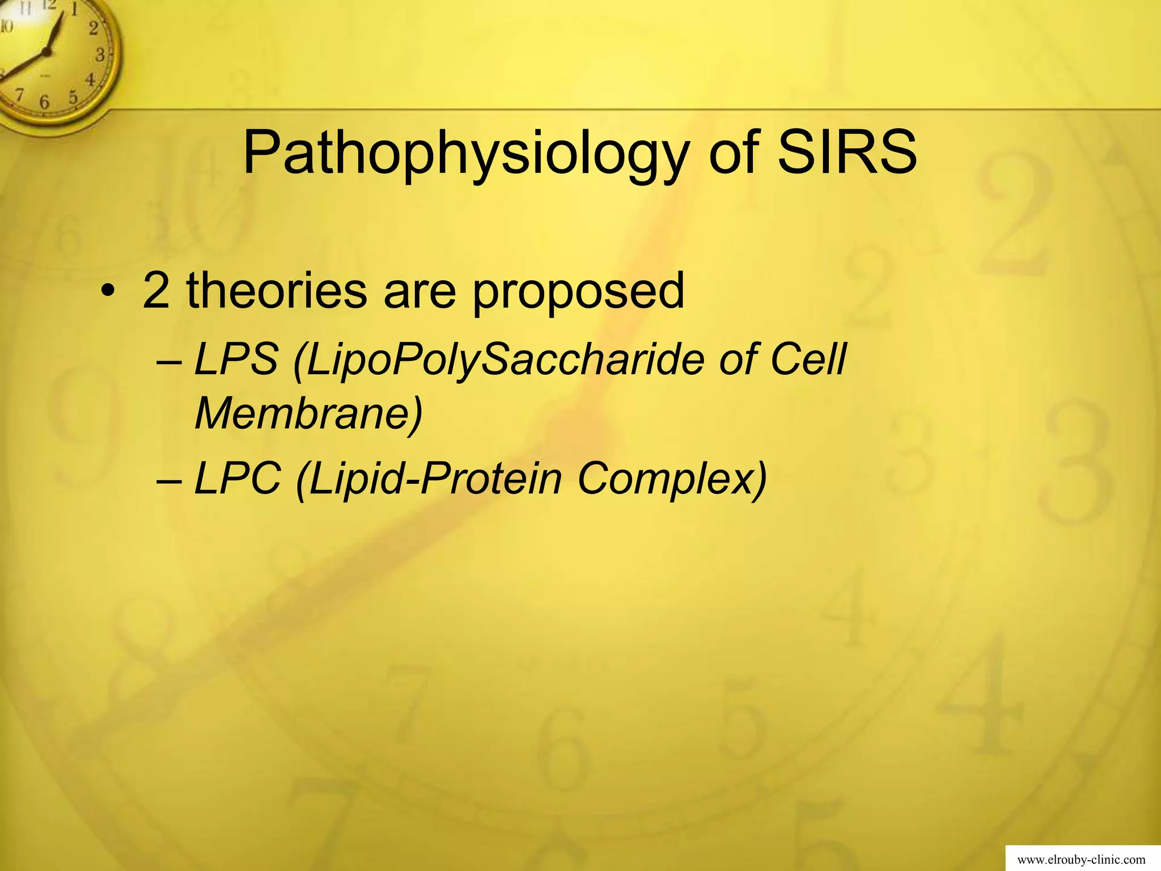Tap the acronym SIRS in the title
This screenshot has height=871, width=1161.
847,152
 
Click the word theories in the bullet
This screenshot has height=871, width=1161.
277,290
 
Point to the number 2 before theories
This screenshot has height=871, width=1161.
156,290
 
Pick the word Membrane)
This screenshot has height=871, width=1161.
308,414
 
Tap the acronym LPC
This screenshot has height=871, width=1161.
238,479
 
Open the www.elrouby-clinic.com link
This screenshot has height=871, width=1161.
1082,860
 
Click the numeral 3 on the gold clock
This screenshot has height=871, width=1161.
100,56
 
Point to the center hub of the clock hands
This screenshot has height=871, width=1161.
46,52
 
